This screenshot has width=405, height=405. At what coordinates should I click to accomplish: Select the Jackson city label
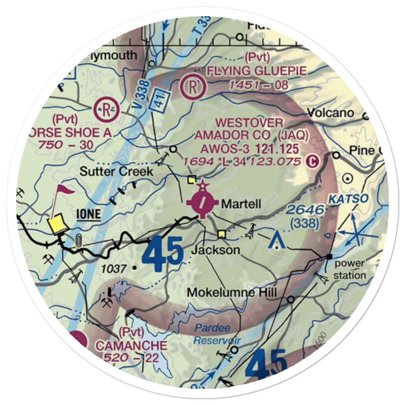point(216,250)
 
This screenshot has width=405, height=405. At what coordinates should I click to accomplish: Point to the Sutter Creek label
point(116,171)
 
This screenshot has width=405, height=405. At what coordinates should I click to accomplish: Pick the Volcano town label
point(330,113)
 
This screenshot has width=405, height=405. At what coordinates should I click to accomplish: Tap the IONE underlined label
point(88,214)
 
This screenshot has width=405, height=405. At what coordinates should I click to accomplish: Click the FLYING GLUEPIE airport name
point(257,71)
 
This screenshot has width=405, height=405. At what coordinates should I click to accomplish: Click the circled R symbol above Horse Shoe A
point(106,109)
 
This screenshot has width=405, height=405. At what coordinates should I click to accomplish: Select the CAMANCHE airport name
point(130,345)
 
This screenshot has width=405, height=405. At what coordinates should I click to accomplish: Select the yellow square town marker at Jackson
point(222,234)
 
